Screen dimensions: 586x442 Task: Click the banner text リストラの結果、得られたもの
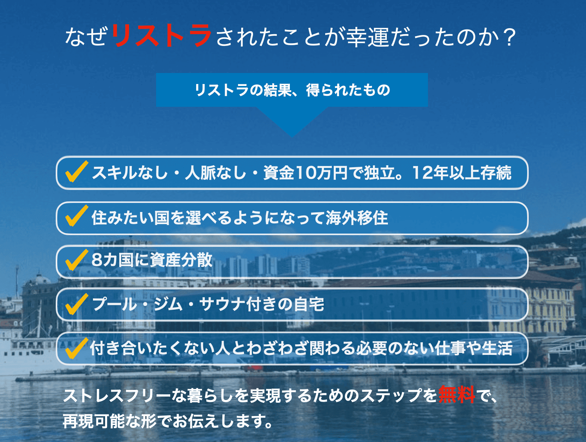pyautogui.click(x=292, y=90)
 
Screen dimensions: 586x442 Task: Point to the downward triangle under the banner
pyautogui.click(x=292, y=122)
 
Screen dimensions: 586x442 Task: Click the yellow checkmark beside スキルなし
pyautogui.click(x=76, y=171)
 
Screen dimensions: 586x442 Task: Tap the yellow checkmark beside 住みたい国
pyautogui.click(x=76, y=216)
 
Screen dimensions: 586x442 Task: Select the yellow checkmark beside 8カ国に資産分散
pyautogui.click(x=76, y=259)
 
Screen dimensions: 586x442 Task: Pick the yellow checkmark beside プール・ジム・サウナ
pyautogui.click(x=76, y=304)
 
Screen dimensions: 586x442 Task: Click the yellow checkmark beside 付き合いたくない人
pyautogui.click(x=76, y=348)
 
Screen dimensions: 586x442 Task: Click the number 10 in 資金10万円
pyautogui.click(x=306, y=173)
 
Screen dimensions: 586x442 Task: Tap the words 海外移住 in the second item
pyautogui.click(x=357, y=217)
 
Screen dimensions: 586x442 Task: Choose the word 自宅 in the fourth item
pyautogui.click(x=309, y=304)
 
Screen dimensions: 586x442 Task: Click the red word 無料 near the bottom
pyautogui.click(x=457, y=395)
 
